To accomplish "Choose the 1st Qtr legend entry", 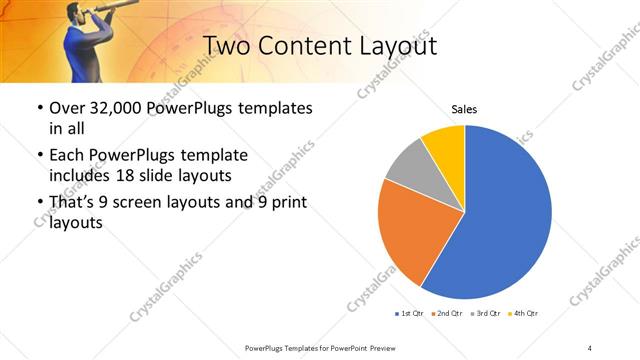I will (x=410, y=314).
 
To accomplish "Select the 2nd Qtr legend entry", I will (x=447, y=314).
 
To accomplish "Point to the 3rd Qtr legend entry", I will (x=485, y=314).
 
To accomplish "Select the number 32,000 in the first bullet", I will (x=119, y=107).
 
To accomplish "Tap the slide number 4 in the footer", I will (x=590, y=347).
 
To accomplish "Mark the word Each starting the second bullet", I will (x=67, y=156).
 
